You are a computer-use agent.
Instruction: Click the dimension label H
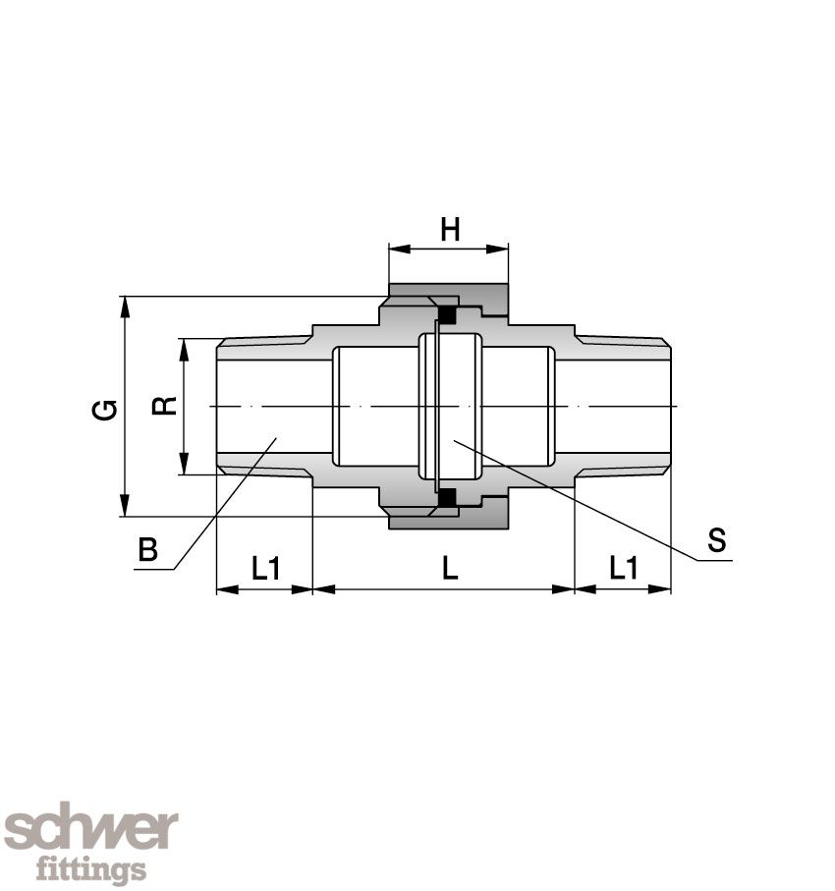(x=450, y=230)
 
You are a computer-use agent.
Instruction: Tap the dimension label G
(x=105, y=410)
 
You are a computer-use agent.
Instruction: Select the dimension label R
(x=165, y=406)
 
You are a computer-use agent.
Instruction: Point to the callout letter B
(x=147, y=549)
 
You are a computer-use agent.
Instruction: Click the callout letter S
(x=717, y=540)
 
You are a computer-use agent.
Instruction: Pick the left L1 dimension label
(x=266, y=568)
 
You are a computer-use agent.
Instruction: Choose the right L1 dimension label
(x=624, y=568)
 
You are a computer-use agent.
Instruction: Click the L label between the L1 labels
(x=450, y=568)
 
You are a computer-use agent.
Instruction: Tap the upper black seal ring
(x=447, y=314)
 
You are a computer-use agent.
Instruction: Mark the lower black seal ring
(x=447, y=498)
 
